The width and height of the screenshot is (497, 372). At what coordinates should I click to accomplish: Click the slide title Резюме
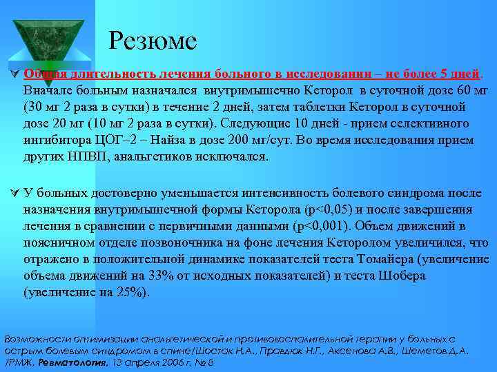tap(153, 41)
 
